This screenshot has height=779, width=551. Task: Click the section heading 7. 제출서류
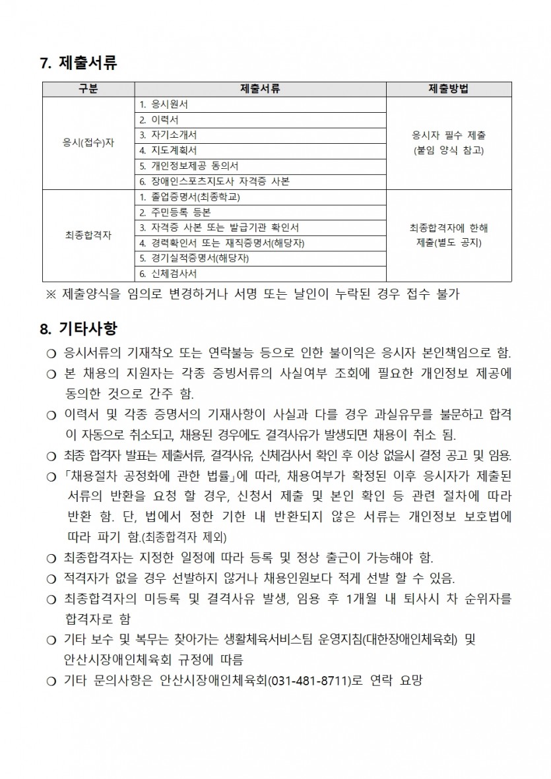click(79, 63)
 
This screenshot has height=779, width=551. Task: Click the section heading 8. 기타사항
click(79, 328)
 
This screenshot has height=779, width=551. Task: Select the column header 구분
click(88, 90)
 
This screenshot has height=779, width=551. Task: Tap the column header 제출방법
click(449, 90)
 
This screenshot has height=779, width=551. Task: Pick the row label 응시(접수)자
click(88, 142)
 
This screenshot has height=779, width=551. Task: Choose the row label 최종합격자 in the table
click(88, 235)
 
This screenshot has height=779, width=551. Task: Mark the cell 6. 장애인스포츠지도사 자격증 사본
click(214, 181)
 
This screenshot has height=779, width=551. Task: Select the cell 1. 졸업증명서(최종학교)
click(191, 197)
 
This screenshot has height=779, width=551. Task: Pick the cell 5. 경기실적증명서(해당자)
click(194, 258)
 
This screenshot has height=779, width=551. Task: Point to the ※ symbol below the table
click(51, 295)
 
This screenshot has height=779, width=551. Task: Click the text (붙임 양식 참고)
click(448, 150)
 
